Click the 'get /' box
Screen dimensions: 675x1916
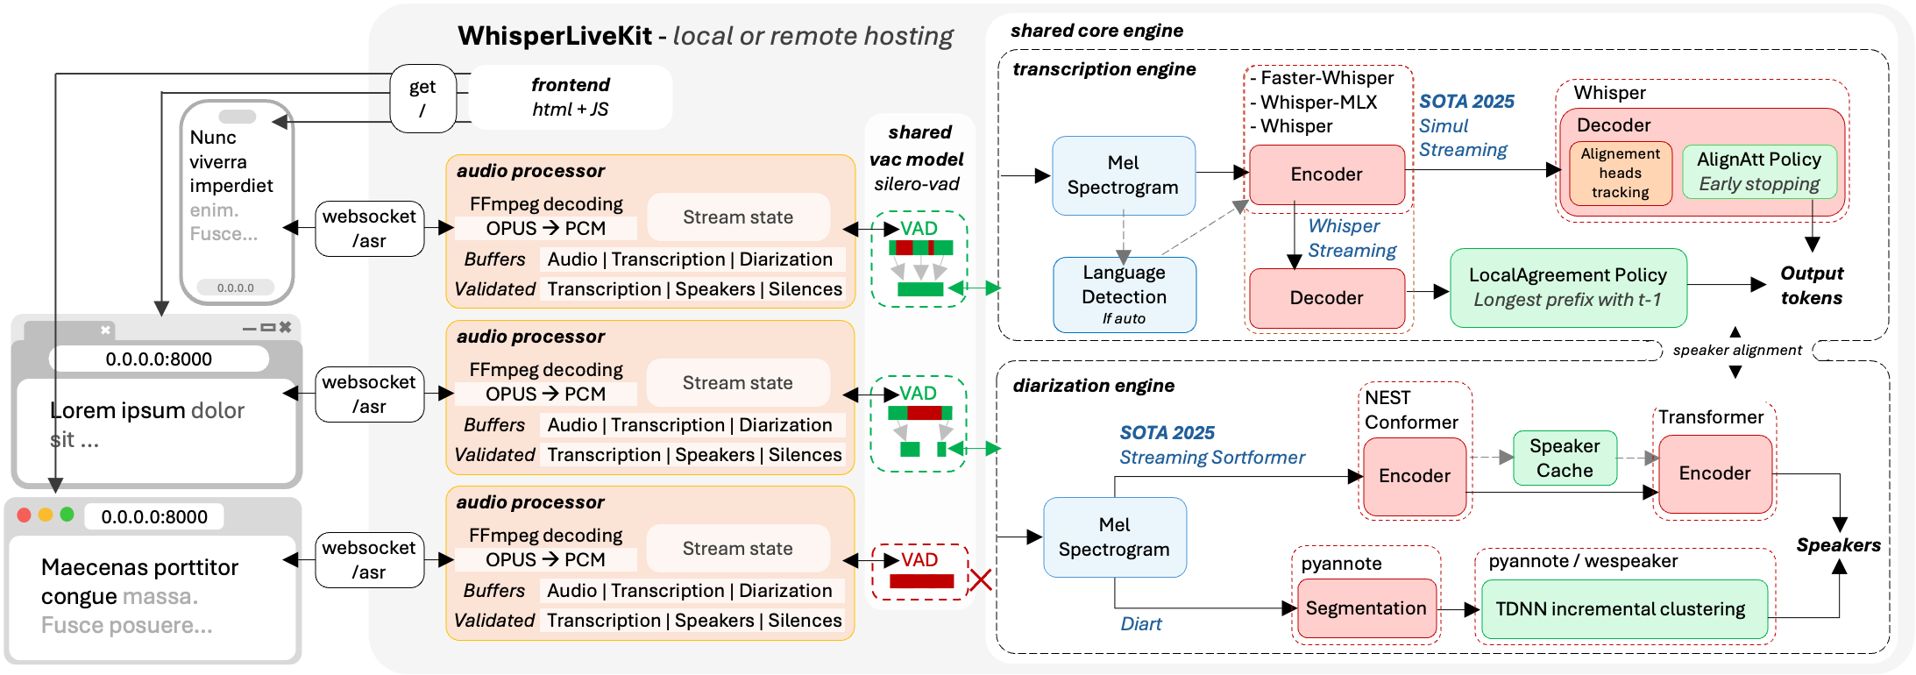coord(422,98)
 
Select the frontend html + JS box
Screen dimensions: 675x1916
coord(571,97)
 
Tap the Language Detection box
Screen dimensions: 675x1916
coord(1124,295)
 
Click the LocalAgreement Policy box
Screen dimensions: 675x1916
coord(1568,288)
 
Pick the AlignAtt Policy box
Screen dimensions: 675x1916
coord(1758,172)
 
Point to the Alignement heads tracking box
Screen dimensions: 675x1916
coord(1620,174)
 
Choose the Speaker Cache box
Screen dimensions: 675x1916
coord(1565,458)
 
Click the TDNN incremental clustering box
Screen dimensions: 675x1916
coord(1620,609)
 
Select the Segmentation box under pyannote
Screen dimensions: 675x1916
coord(1366,608)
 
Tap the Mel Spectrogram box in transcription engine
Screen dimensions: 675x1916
coord(1123,175)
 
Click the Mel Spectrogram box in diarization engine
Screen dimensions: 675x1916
coord(1114,537)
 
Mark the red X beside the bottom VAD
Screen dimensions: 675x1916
coord(981,579)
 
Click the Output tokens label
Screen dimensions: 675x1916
coord(1811,286)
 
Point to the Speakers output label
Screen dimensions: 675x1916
coord(1838,545)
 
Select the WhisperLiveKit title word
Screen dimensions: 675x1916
coord(555,36)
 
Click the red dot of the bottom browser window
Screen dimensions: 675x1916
coord(25,515)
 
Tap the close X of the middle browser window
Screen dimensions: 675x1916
coord(285,327)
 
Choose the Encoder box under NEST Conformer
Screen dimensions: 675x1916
coord(1414,476)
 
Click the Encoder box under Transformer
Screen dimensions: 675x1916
coord(1714,473)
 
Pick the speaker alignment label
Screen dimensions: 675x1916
coord(1736,351)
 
